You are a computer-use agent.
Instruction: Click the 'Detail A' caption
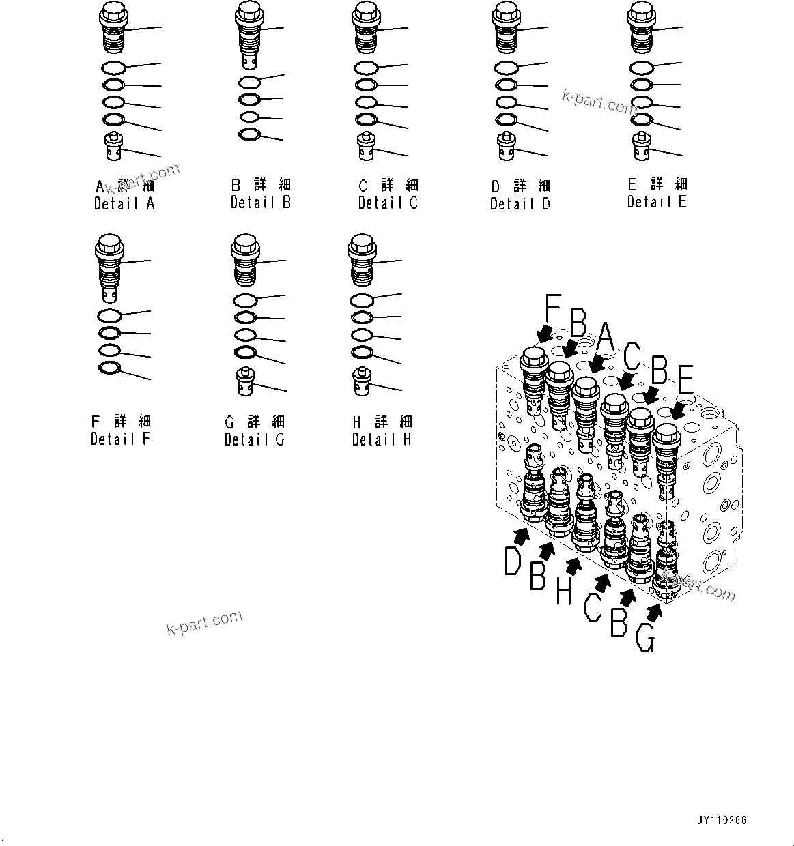tap(125, 203)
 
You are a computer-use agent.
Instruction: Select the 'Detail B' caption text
tap(261, 202)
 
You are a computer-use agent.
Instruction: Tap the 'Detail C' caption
tap(388, 203)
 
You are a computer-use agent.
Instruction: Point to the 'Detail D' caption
tap(520, 203)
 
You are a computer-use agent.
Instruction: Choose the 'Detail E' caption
tap(657, 201)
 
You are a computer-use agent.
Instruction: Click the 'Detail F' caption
tap(121, 439)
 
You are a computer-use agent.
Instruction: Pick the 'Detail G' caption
tap(255, 439)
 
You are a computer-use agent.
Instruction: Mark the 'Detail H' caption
tap(382, 439)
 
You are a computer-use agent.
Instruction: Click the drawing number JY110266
tap(722, 820)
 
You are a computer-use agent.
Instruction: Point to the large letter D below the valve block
tap(513, 562)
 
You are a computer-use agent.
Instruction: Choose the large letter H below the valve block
tap(563, 591)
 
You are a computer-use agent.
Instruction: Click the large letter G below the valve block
tap(645, 638)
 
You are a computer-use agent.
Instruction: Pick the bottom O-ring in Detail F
tap(110, 369)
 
